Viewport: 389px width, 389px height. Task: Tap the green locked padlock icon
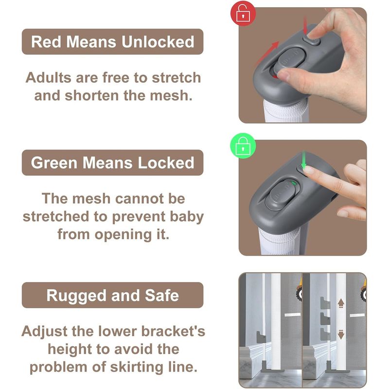[x=243, y=146]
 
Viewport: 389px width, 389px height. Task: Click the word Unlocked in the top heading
[x=158, y=42]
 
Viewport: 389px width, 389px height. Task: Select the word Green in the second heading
[x=54, y=163]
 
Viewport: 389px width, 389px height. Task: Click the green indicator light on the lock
[x=294, y=183]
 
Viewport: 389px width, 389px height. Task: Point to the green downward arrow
[x=303, y=159]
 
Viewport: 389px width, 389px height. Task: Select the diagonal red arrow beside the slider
[x=267, y=53]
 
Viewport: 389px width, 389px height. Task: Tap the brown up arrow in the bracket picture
[x=341, y=303]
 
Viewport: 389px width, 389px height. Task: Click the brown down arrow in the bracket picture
[x=341, y=335]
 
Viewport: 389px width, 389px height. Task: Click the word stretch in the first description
[x=176, y=78]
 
